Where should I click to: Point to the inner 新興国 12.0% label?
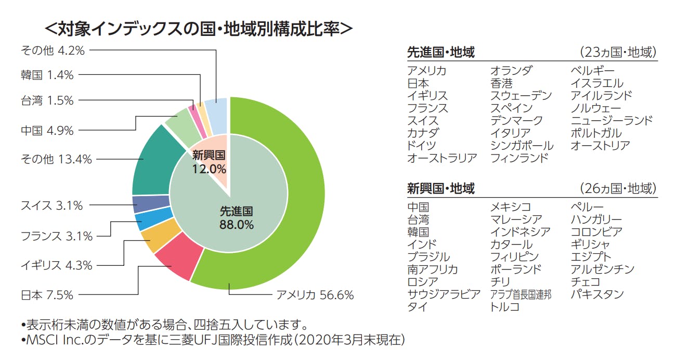tap(209, 162)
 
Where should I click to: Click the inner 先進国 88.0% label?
tap(236, 218)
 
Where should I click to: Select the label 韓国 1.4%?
tap(47, 75)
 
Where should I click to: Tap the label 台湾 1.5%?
tap(47, 100)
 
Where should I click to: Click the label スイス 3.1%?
tap(51, 205)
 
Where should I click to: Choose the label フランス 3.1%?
tap(56, 236)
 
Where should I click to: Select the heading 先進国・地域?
tap(440, 53)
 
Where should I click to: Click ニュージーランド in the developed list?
tap(611, 121)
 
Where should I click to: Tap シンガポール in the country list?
tap(522, 146)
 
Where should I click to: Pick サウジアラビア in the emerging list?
tap(444, 294)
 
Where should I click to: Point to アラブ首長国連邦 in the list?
tap(521, 294)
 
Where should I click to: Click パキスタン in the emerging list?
tap(597, 294)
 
